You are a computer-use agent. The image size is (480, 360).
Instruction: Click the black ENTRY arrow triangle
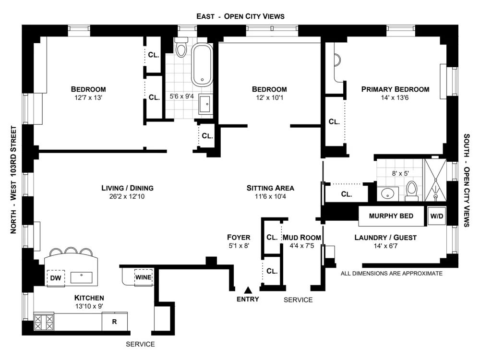248,289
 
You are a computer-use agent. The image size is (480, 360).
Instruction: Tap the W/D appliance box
436,216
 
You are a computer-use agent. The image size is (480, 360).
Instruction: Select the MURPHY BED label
391,216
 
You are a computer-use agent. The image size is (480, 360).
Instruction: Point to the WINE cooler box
144,277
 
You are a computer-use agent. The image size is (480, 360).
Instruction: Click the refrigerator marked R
114,322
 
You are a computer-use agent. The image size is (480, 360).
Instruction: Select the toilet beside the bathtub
181,48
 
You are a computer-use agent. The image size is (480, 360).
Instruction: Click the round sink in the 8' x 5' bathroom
389,194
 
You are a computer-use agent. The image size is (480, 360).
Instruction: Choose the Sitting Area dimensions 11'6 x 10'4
270,196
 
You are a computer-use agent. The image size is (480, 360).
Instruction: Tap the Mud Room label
301,237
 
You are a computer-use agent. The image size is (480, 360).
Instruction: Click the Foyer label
238,237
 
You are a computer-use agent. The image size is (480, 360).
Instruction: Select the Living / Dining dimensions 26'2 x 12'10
127,196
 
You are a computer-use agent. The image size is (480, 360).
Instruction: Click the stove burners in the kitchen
44,322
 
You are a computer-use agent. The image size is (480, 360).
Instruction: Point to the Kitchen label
89,298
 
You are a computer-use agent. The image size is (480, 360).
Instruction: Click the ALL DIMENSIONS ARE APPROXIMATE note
391,274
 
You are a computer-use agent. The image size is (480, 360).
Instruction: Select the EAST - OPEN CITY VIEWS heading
240,16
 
